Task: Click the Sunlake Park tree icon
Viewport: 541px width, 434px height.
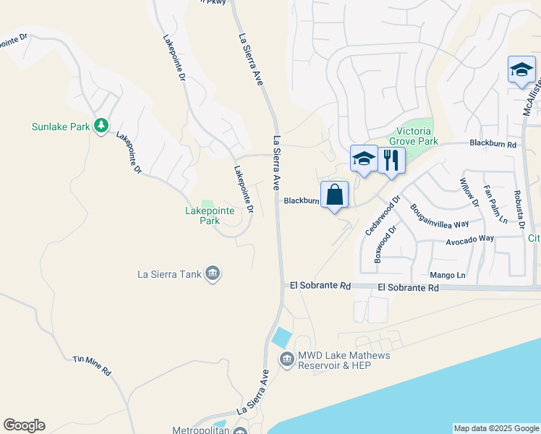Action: point(102,127)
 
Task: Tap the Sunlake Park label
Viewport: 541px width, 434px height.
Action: point(60,127)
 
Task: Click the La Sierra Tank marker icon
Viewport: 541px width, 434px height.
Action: point(213,273)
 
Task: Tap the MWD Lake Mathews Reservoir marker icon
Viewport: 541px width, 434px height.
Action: point(287,359)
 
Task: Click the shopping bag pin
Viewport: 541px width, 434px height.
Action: point(334,195)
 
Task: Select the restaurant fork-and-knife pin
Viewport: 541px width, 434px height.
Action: point(391,160)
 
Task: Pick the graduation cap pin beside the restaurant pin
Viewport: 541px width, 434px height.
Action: point(363,159)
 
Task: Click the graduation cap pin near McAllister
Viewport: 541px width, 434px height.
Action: point(521,70)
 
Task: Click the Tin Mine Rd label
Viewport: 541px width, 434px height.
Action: point(92,365)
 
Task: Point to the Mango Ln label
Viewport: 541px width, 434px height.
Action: point(448,275)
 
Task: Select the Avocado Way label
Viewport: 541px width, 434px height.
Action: point(469,238)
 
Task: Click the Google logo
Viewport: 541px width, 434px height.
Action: point(24,425)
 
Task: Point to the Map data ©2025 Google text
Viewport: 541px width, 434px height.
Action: point(496,428)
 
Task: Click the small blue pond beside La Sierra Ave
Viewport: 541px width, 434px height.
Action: point(281,337)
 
